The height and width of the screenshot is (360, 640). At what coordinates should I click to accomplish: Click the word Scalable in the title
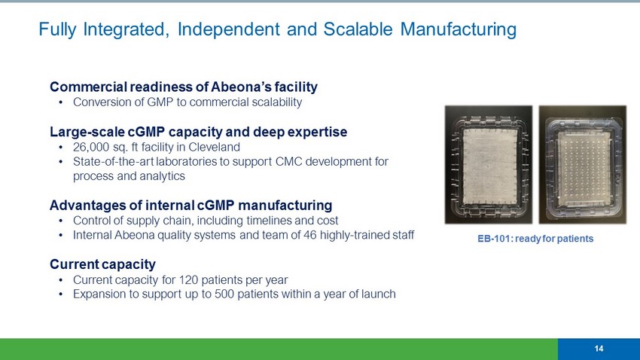(x=358, y=29)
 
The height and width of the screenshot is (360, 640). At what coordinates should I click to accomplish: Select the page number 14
(x=599, y=349)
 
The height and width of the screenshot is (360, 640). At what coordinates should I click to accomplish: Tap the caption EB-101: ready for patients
(x=535, y=238)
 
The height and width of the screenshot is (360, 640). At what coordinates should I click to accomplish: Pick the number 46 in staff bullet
(x=309, y=235)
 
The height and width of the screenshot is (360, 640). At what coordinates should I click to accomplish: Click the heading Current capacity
(x=102, y=264)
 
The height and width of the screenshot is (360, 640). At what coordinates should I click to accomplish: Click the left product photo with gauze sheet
(x=489, y=164)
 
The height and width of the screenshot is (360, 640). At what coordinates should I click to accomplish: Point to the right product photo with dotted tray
(x=583, y=164)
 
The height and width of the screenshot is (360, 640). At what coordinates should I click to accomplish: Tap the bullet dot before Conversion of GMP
(x=61, y=102)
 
